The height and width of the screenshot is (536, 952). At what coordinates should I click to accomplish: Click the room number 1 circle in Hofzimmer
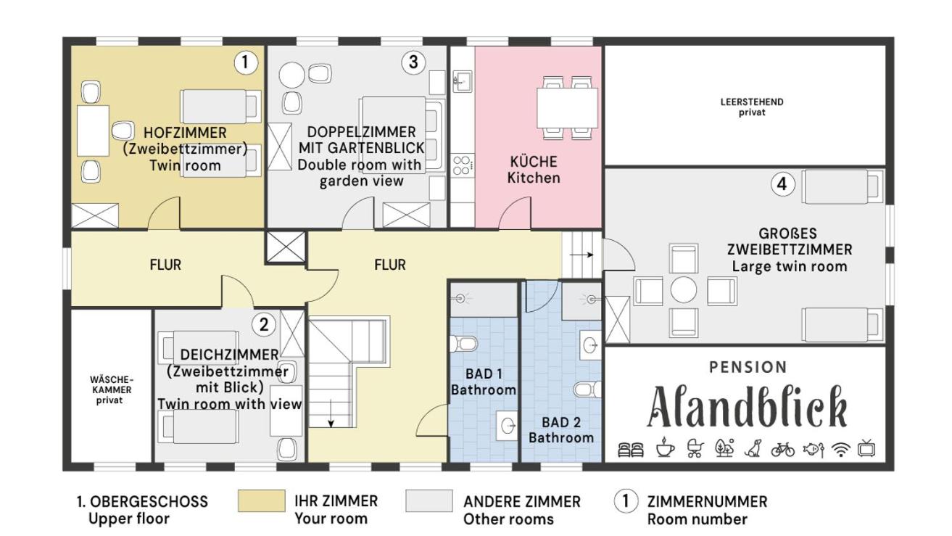pyautogui.click(x=245, y=62)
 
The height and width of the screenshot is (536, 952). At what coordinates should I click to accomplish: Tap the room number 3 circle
pyautogui.click(x=413, y=62)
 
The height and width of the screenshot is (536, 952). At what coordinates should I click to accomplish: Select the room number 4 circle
pyautogui.click(x=782, y=184)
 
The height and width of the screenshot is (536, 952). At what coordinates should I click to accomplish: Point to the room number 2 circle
pyautogui.click(x=264, y=325)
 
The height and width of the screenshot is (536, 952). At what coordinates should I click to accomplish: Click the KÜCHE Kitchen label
pyautogui.click(x=534, y=170)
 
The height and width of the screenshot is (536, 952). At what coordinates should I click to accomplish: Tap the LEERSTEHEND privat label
pyautogui.click(x=752, y=107)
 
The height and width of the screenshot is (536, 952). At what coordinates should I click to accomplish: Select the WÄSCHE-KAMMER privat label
pyautogui.click(x=111, y=389)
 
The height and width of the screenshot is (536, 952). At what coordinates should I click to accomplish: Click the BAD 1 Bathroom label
pyautogui.click(x=484, y=382)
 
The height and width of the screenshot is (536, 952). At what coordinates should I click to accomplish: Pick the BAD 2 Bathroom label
pyautogui.click(x=561, y=429)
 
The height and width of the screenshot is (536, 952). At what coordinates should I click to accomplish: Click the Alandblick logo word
pyautogui.click(x=747, y=407)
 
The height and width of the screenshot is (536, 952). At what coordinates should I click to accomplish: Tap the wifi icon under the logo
pyautogui.click(x=840, y=449)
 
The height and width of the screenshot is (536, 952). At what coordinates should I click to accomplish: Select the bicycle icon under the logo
pyautogui.click(x=783, y=449)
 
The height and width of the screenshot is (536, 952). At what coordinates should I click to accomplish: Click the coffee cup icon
pyautogui.click(x=665, y=448)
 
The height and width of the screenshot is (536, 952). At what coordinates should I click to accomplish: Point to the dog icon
pyautogui.click(x=753, y=448)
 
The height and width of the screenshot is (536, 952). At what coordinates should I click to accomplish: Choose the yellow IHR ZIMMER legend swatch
pyautogui.click(x=261, y=500)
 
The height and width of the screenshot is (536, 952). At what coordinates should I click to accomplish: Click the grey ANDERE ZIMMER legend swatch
pyautogui.click(x=429, y=500)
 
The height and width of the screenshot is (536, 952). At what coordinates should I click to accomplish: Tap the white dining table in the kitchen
pyautogui.click(x=567, y=107)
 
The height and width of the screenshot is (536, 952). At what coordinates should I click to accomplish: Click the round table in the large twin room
pyautogui.click(x=684, y=290)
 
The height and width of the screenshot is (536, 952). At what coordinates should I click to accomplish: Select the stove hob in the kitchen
pyautogui.click(x=463, y=165)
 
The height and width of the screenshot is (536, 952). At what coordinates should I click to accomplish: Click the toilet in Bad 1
pyautogui.click(x=464, y=343)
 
